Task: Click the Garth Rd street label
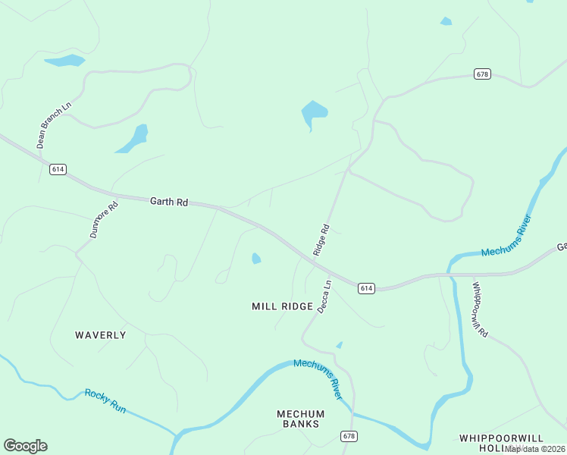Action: click(168, 202)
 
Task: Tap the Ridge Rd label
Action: click(321, 240)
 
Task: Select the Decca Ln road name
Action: click(324, 296)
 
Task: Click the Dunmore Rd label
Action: click(105, 220)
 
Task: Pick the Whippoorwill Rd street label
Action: click(479, 309)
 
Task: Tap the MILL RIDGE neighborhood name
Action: click(283, 306)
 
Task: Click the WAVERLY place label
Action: click(101, 334)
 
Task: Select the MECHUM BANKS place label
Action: click(300, 419)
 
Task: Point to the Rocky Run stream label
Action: click(105, 400)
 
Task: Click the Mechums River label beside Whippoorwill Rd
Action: click(506, 237)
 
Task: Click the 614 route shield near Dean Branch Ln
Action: click(58, 169)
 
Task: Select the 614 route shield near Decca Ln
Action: click(367, 288)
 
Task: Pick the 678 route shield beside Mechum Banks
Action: click(349, 436)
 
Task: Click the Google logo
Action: click(25, 446)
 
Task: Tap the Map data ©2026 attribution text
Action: click(535, 449)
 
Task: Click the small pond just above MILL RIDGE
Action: click(256, 259)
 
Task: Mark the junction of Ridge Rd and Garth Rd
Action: click(312, 259)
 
